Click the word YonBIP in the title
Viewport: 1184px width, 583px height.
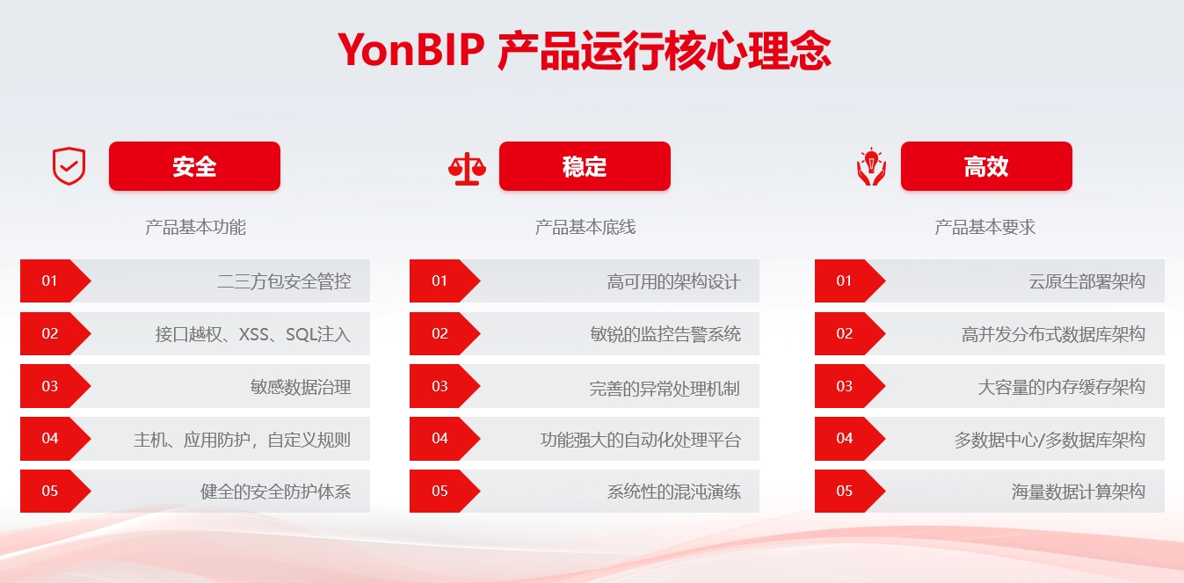410,50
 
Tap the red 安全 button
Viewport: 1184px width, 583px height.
194,166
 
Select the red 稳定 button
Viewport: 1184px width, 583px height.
585,166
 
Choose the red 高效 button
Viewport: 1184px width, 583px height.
986,166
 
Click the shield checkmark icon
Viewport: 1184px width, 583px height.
69,166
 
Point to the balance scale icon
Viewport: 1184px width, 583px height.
467,169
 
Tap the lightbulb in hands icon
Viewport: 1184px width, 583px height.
871,167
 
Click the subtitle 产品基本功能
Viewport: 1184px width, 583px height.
195,227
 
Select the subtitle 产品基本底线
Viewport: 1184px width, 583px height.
585,227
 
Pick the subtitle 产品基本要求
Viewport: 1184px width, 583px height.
984,227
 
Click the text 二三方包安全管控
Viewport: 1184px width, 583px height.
284,281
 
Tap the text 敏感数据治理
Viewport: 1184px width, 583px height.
301,387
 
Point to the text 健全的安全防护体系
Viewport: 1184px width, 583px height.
275,492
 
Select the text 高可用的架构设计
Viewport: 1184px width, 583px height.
673,281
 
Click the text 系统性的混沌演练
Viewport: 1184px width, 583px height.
673,492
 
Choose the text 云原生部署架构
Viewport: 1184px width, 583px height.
1086,281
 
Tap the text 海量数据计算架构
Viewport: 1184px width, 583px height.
1079,492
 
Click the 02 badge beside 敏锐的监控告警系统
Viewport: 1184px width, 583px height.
445,333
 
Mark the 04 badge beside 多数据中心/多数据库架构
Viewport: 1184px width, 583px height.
849,438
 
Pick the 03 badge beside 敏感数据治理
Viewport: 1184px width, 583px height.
55,386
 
